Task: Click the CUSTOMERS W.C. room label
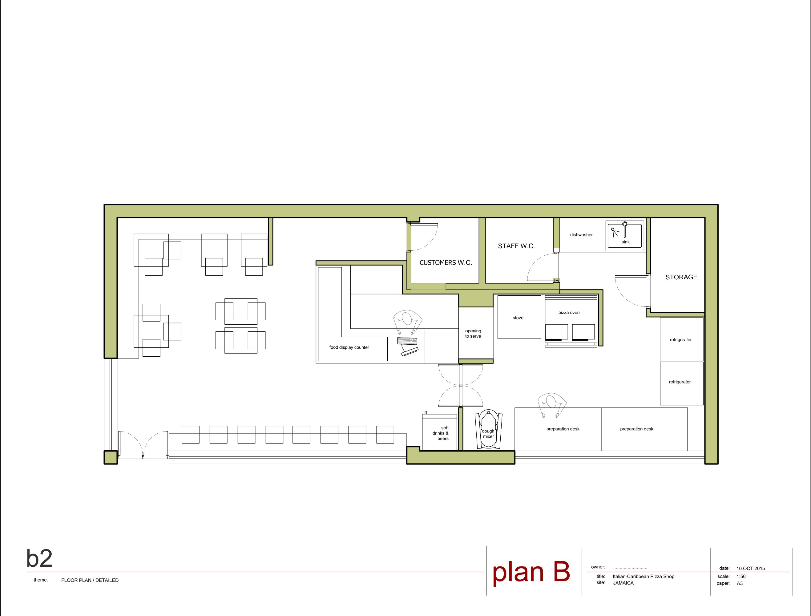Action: click(x=446, y=262)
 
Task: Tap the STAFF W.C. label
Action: click(x=516, y=246)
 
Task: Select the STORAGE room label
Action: click(x=681, y=277)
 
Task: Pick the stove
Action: click(x=519, y=317)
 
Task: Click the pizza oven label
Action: click(x=569, y=312)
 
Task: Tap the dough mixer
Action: click(x=488, y=429)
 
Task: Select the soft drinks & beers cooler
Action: click(x=440, y=432)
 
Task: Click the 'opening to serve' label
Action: click(x=473, y=333)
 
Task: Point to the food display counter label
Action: click(x=349, y=347)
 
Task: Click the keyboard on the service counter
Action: click(x=407, y=341)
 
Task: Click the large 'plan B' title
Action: click(x=531, y=572)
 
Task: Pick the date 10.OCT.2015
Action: click(x=751, y=568)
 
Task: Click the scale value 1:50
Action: click(x=741, y=576)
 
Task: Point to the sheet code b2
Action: click(x=39, y=558)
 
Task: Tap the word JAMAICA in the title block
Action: click(x=623, y=583)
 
